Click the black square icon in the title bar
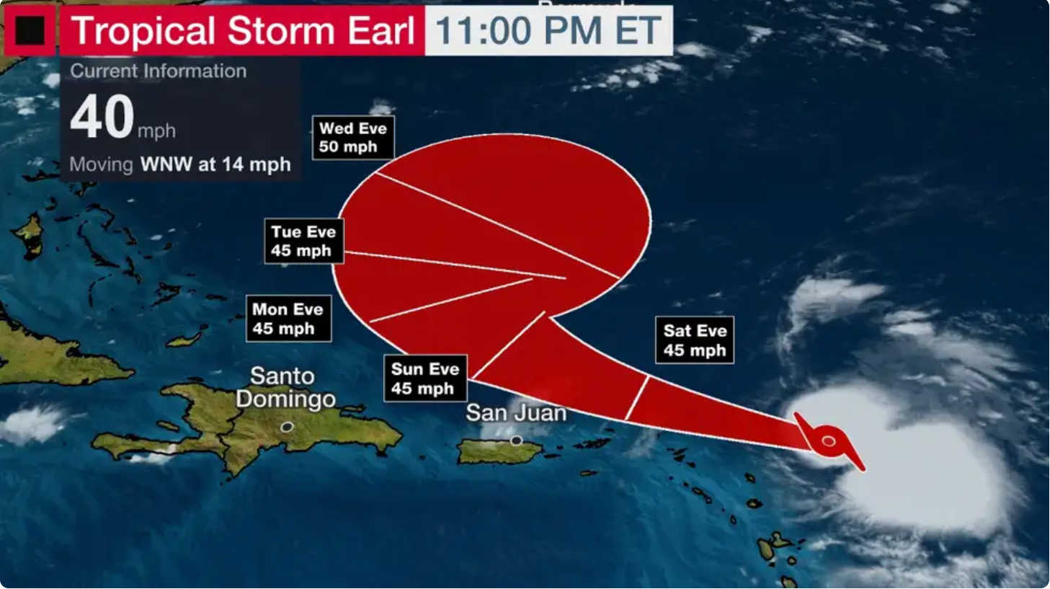pyautogui.click(x=30, y=30)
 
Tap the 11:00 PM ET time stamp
pyautogui.click(x=548, y=31)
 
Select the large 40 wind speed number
pyautogui.click(x=102, y=117)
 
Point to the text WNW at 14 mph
pyautogui.click(x=215, y=164)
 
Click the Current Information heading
pyautogui.click(x=159, y=71)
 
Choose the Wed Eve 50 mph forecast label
pyautogui.click(x=353, y=137)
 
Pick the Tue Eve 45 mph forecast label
pyautogui.click(x=303, y=241)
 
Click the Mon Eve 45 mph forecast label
pyautogui.click(x=288, y=319)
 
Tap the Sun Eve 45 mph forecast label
pyautogui.click(x=424, y=378)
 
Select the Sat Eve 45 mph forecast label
pyautogui.click(x=695, y=340)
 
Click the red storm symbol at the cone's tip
pyautogui.click(x=829, y=440)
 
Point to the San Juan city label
pyautogui.click(x=516, y=412)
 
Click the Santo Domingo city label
pyautogui.click(x=284, y=387)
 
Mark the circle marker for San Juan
pyautogui.click(x=516, y=440)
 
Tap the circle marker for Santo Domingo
pyautogui.click(x=287, y=427)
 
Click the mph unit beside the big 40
pyautogui.click(x=156, y=130)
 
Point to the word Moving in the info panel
pyautogui.click(x=101, y=164)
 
